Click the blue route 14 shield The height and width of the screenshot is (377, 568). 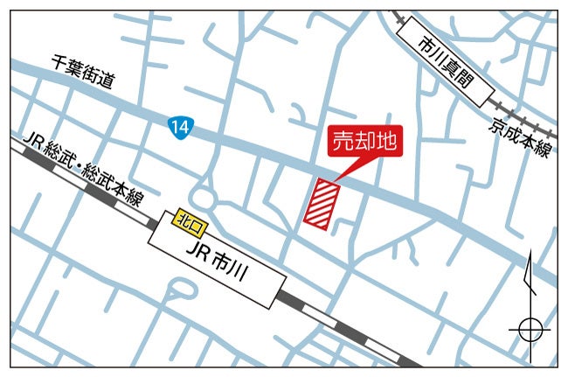click(x=178, y=128)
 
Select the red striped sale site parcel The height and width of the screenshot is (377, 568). click(x=322, y=206)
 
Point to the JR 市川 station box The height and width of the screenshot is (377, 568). click(x=218, y=262)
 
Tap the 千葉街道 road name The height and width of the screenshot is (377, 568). click(x=83, y=71)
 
